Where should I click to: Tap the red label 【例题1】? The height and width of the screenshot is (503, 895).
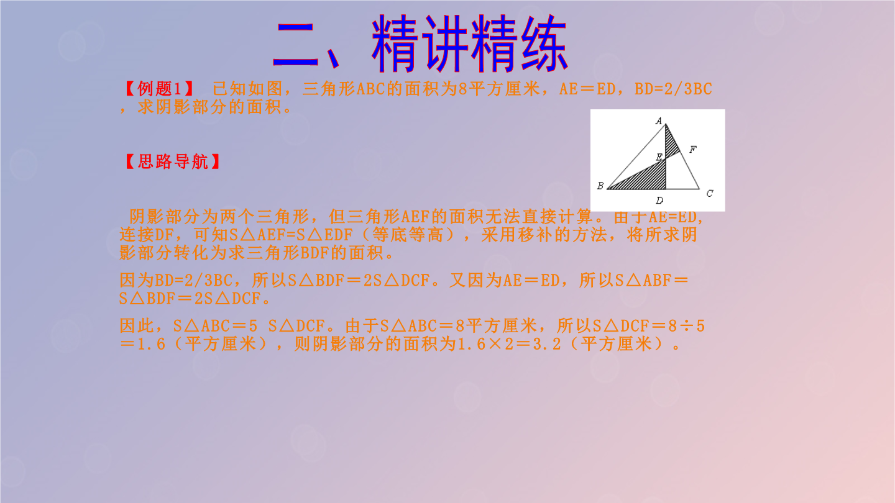(x=159, y=89)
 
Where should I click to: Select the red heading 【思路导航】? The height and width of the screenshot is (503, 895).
(x=173, y=161)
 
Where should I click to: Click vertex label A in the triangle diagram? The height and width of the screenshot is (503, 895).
(x=659, y=120)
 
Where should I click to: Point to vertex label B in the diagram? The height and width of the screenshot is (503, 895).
(x=600, y=186)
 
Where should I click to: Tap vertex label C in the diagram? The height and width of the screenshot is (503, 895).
(x=710, y=194)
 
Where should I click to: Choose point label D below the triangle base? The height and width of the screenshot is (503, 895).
(x=659, y=201)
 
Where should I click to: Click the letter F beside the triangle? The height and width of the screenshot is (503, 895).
(x=693, y=149)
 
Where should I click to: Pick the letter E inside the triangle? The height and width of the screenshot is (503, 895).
(x=659, y=157)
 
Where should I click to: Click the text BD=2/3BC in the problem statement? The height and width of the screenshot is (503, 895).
(x=673, y=89)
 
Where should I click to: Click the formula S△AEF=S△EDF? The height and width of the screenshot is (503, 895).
(x=291, y=235)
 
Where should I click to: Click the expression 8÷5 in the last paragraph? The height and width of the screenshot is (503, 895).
(x=687, y=326)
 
